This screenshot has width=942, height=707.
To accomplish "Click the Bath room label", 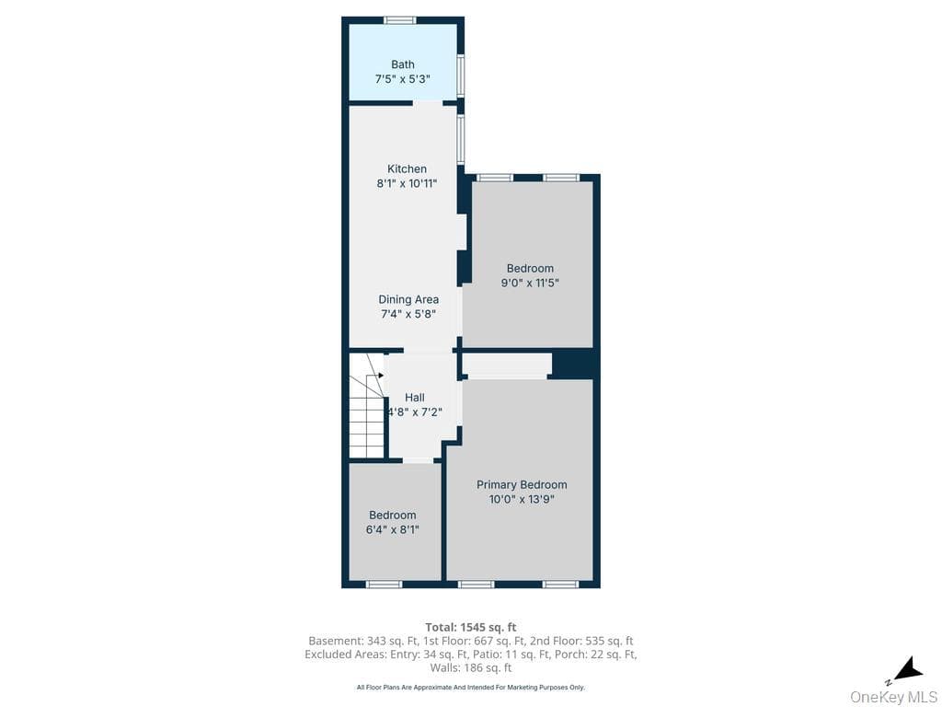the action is [x=403, y=64].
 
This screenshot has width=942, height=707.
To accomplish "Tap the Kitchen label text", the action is [x=407, y=169].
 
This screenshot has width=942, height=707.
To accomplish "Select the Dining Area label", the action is [x=408, y=299].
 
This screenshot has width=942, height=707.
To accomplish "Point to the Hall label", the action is [x=415, y=398].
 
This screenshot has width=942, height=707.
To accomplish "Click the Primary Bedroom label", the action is [x=522, y=484].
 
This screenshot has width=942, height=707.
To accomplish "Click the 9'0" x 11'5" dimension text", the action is [x=530, y=284].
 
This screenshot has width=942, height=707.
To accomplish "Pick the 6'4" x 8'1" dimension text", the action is [x=392, y=529].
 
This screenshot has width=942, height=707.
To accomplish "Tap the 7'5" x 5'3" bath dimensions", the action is [x=403, y=79].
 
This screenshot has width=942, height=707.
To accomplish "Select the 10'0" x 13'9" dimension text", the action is [x=522, y=499].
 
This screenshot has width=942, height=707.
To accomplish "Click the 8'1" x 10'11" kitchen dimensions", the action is [x=407, y=183].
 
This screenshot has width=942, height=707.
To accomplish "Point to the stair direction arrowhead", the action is [x=381, y=376].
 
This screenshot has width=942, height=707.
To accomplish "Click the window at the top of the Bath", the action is [x=400, y=20].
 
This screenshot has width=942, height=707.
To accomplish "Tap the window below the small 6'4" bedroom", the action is [x=384, y=584].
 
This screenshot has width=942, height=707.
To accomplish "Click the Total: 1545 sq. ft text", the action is [x=471, y=628].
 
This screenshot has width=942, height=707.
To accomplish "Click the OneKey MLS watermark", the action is [x=892, y=696].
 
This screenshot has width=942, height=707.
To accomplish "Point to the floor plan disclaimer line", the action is [x=471, y=687].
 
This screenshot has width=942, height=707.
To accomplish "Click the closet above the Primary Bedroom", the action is [x=508, y=365].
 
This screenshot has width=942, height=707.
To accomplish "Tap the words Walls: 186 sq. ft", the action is [x=471, y=667].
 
